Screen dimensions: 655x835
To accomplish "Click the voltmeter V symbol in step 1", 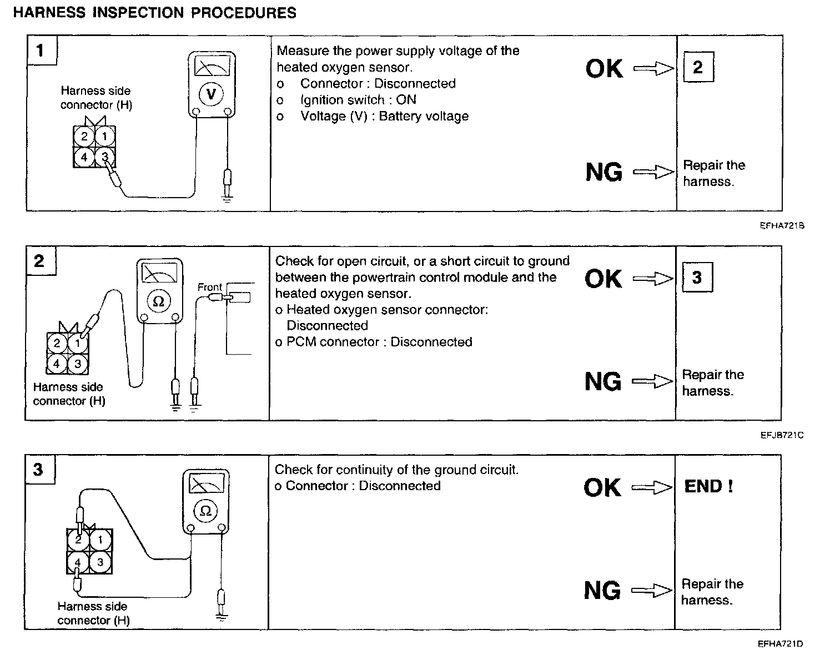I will pos(211,94).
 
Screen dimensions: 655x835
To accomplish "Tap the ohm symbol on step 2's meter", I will pos(158,301).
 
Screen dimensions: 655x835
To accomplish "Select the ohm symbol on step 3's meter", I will pos(205,511).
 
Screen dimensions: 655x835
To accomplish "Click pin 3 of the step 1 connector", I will pos(105,157).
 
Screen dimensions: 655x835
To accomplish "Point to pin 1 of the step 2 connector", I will pos(78,344).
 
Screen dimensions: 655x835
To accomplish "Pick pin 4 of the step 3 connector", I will pos(78,562).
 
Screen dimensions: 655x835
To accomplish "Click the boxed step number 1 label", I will pos(41,51).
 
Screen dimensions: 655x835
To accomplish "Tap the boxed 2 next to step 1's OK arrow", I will pos(698,67).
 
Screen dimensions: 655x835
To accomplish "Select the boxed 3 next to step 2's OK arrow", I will pos(697,277).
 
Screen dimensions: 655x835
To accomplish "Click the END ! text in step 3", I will pos(708,486).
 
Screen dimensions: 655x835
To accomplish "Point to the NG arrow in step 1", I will pos(653,172).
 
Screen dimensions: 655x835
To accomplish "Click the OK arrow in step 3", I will pos(652,487).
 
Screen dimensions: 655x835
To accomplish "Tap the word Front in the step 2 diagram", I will pos(209,287).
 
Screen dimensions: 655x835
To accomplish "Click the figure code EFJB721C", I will pos(782,435).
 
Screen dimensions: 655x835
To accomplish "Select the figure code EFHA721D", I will pos(781,644).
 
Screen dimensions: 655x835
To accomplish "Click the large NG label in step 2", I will pos(603,382).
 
